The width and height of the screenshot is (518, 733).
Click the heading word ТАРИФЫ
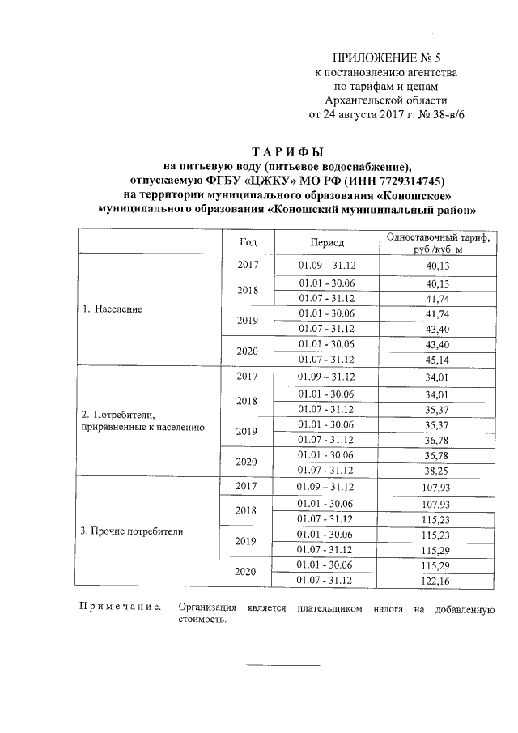click(287, 152)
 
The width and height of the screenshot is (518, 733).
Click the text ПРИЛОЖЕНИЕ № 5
click(389, 58)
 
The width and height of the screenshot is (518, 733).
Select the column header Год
click(248, 242)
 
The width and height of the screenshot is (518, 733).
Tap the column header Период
click(327, 242)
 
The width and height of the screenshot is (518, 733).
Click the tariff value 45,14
click(437, 360)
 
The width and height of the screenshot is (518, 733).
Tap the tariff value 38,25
click(437, 470)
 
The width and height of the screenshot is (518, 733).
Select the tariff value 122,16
click(437, 580)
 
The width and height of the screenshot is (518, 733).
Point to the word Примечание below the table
click(119, 607)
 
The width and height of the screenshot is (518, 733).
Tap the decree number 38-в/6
click(444, 114)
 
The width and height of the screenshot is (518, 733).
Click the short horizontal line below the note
click(282, 665)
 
